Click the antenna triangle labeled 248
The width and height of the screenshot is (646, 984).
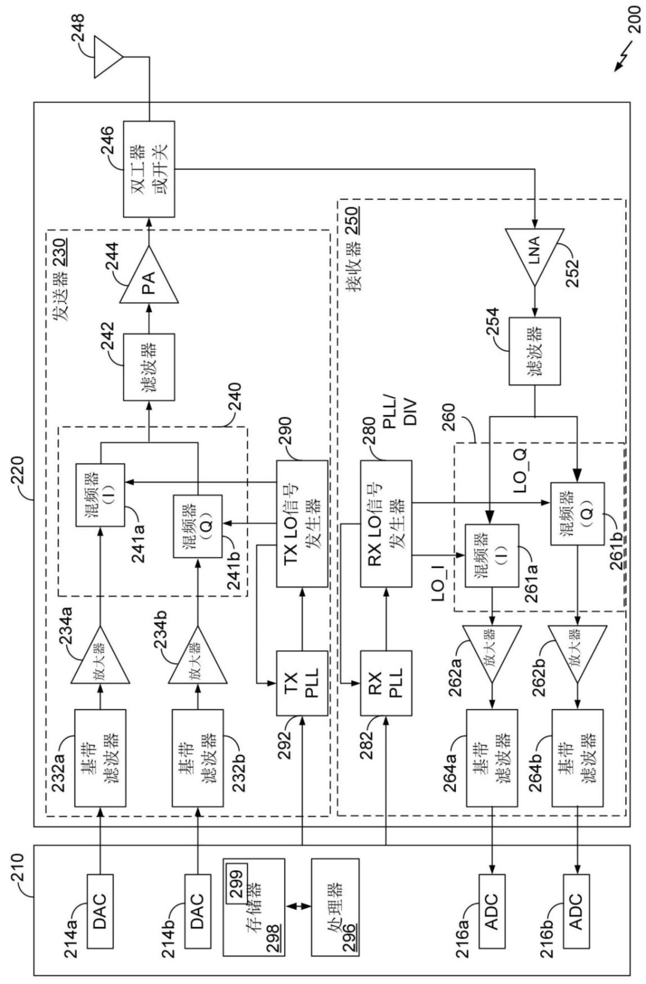pyautogui.click(x=106, y=57)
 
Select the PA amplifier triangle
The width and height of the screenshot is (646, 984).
pyautogui.click(x=149, y=274)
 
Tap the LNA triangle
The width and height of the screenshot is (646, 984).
pyautogui.click(x=535, y=257)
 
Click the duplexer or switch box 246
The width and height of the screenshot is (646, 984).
pyautogui.click(x=149, y=169)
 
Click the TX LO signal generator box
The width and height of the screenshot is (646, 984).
pyautogui.click(x=302, y=524)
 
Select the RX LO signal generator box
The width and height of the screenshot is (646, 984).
pyautogui.click(x=386, y=524)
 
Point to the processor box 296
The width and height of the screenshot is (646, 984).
pyautogui.click(x=336, y=907)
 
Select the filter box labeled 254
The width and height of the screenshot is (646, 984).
pyautogui.click(x=535, y=351)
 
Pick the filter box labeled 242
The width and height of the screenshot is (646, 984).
pyautogui.click(x=149, y=368)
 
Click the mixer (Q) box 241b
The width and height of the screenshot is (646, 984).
pyautogui.click(x=198, y=526)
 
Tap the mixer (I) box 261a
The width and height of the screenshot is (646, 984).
pyautogui.click(x=492, y=555)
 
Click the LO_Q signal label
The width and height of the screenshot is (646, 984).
pyautogui.click(x=520, y=470)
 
